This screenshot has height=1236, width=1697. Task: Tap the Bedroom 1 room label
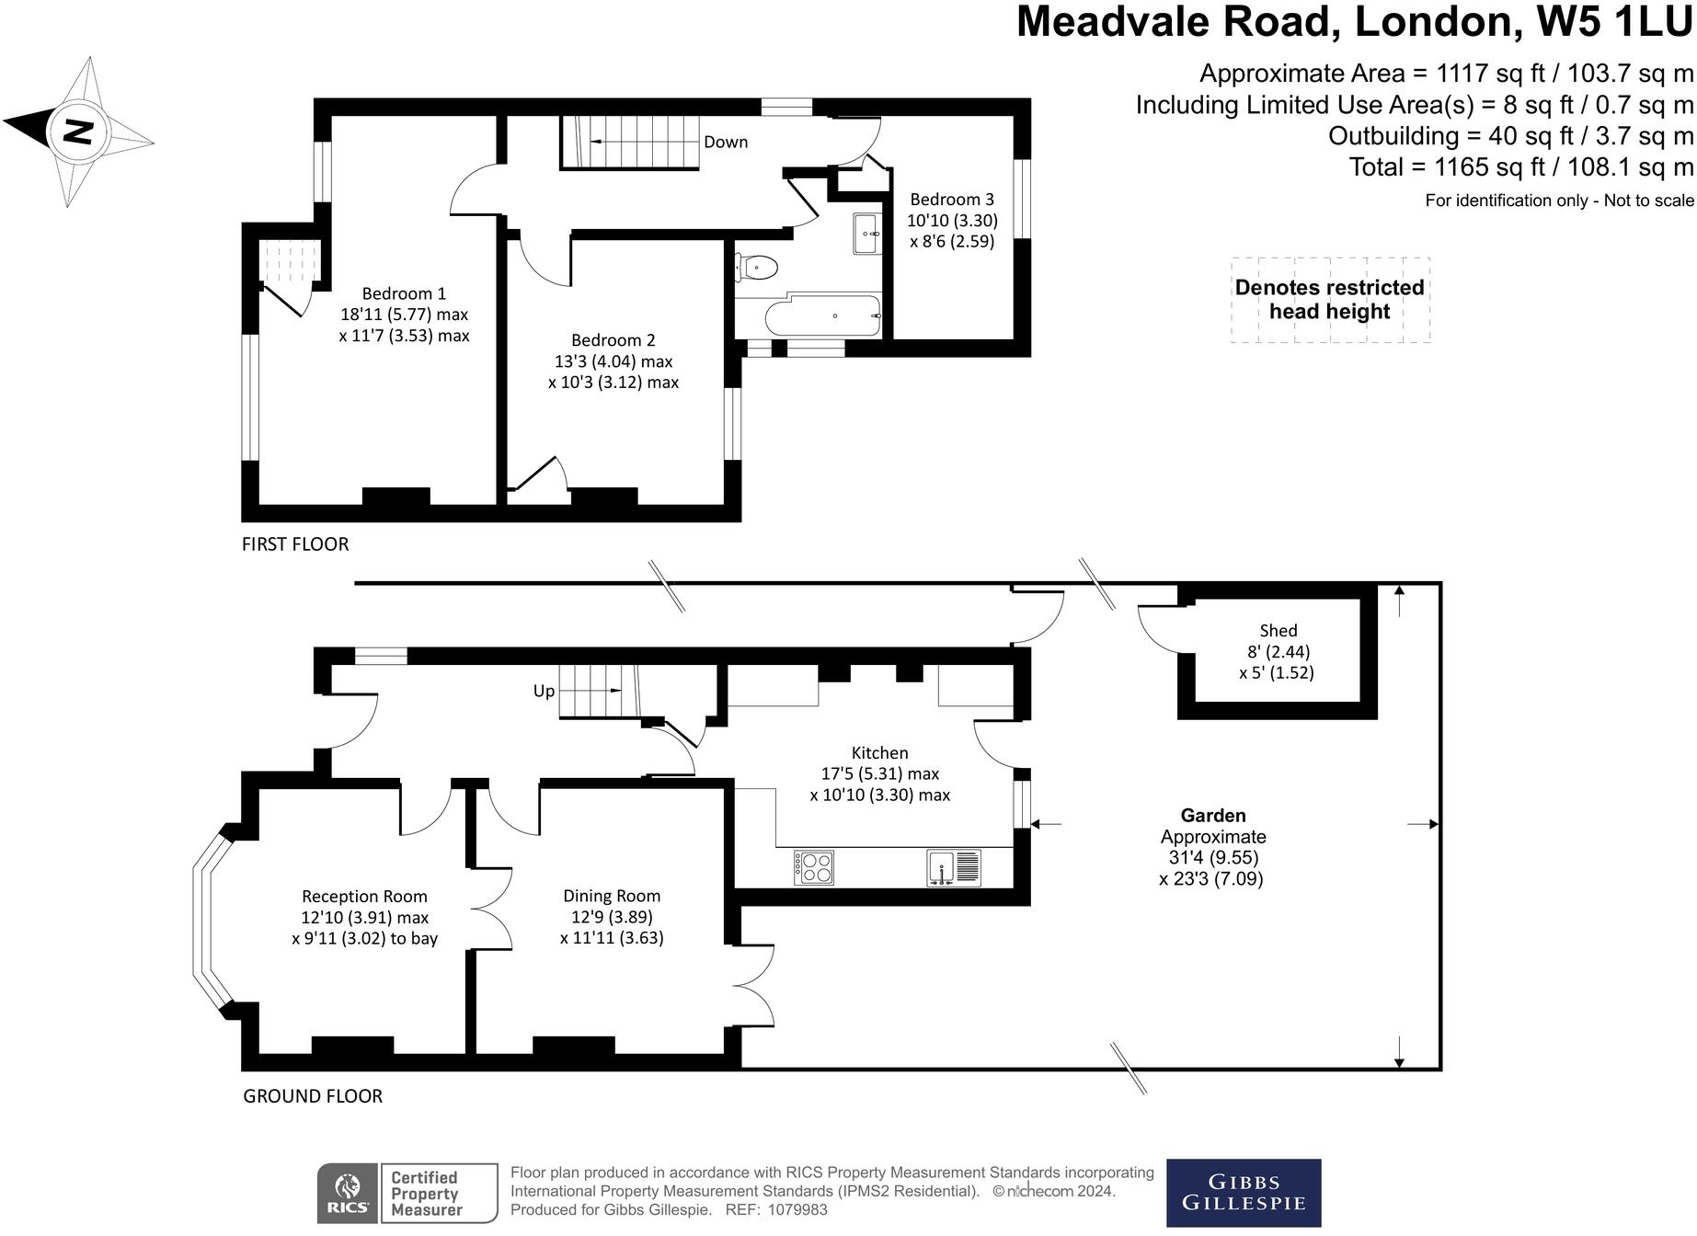[404, 293]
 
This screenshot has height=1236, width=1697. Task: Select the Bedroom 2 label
[613, 340]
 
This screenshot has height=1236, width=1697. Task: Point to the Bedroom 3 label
[952, 199]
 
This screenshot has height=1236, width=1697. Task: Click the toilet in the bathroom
[758, 268]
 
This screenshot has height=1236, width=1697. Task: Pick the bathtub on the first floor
[822, 316]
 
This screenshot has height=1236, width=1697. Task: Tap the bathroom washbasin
[866, 234]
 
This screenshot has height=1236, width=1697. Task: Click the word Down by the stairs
[726, 142]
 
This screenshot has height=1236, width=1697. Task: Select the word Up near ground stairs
[544, 691]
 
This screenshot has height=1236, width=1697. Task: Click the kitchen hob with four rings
[814, 867]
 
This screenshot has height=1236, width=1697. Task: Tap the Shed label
[1278, 630]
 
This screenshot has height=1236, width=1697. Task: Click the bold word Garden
[1213, 816]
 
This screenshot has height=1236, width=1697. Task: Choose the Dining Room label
[612, 896]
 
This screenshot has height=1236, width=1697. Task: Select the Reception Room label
[364, 896]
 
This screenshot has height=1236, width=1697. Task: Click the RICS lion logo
[347, 1193]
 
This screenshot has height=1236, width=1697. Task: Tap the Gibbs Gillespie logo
[1243, 1193]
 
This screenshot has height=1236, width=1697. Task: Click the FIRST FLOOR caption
[295, 544]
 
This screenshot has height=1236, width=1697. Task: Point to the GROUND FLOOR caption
[313, 1095]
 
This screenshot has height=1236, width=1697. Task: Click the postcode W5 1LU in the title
[1615, 22]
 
